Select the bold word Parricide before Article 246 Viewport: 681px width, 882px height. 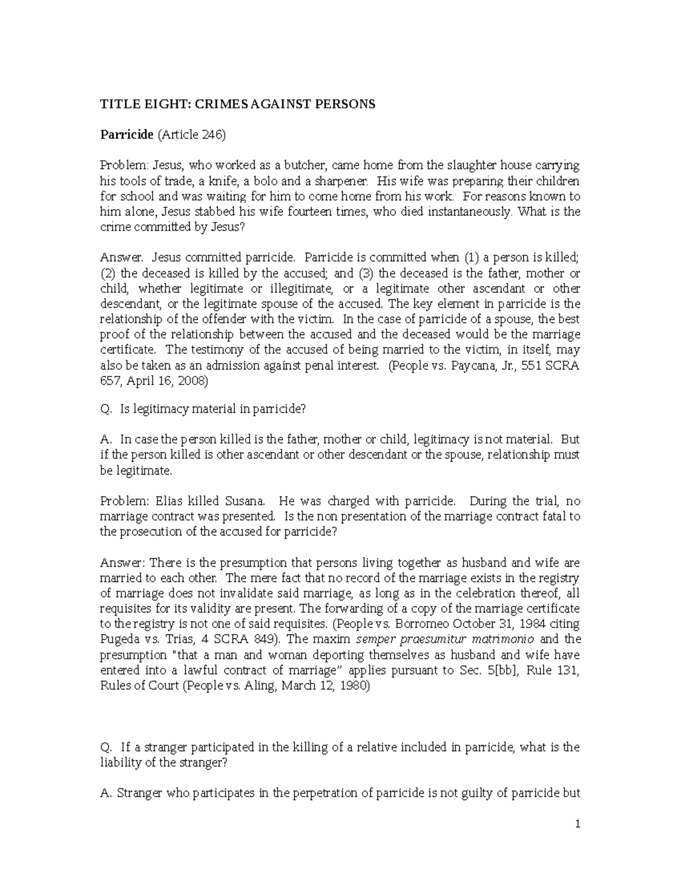tap(127, 135)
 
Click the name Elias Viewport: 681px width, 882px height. tap(169, 501)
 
